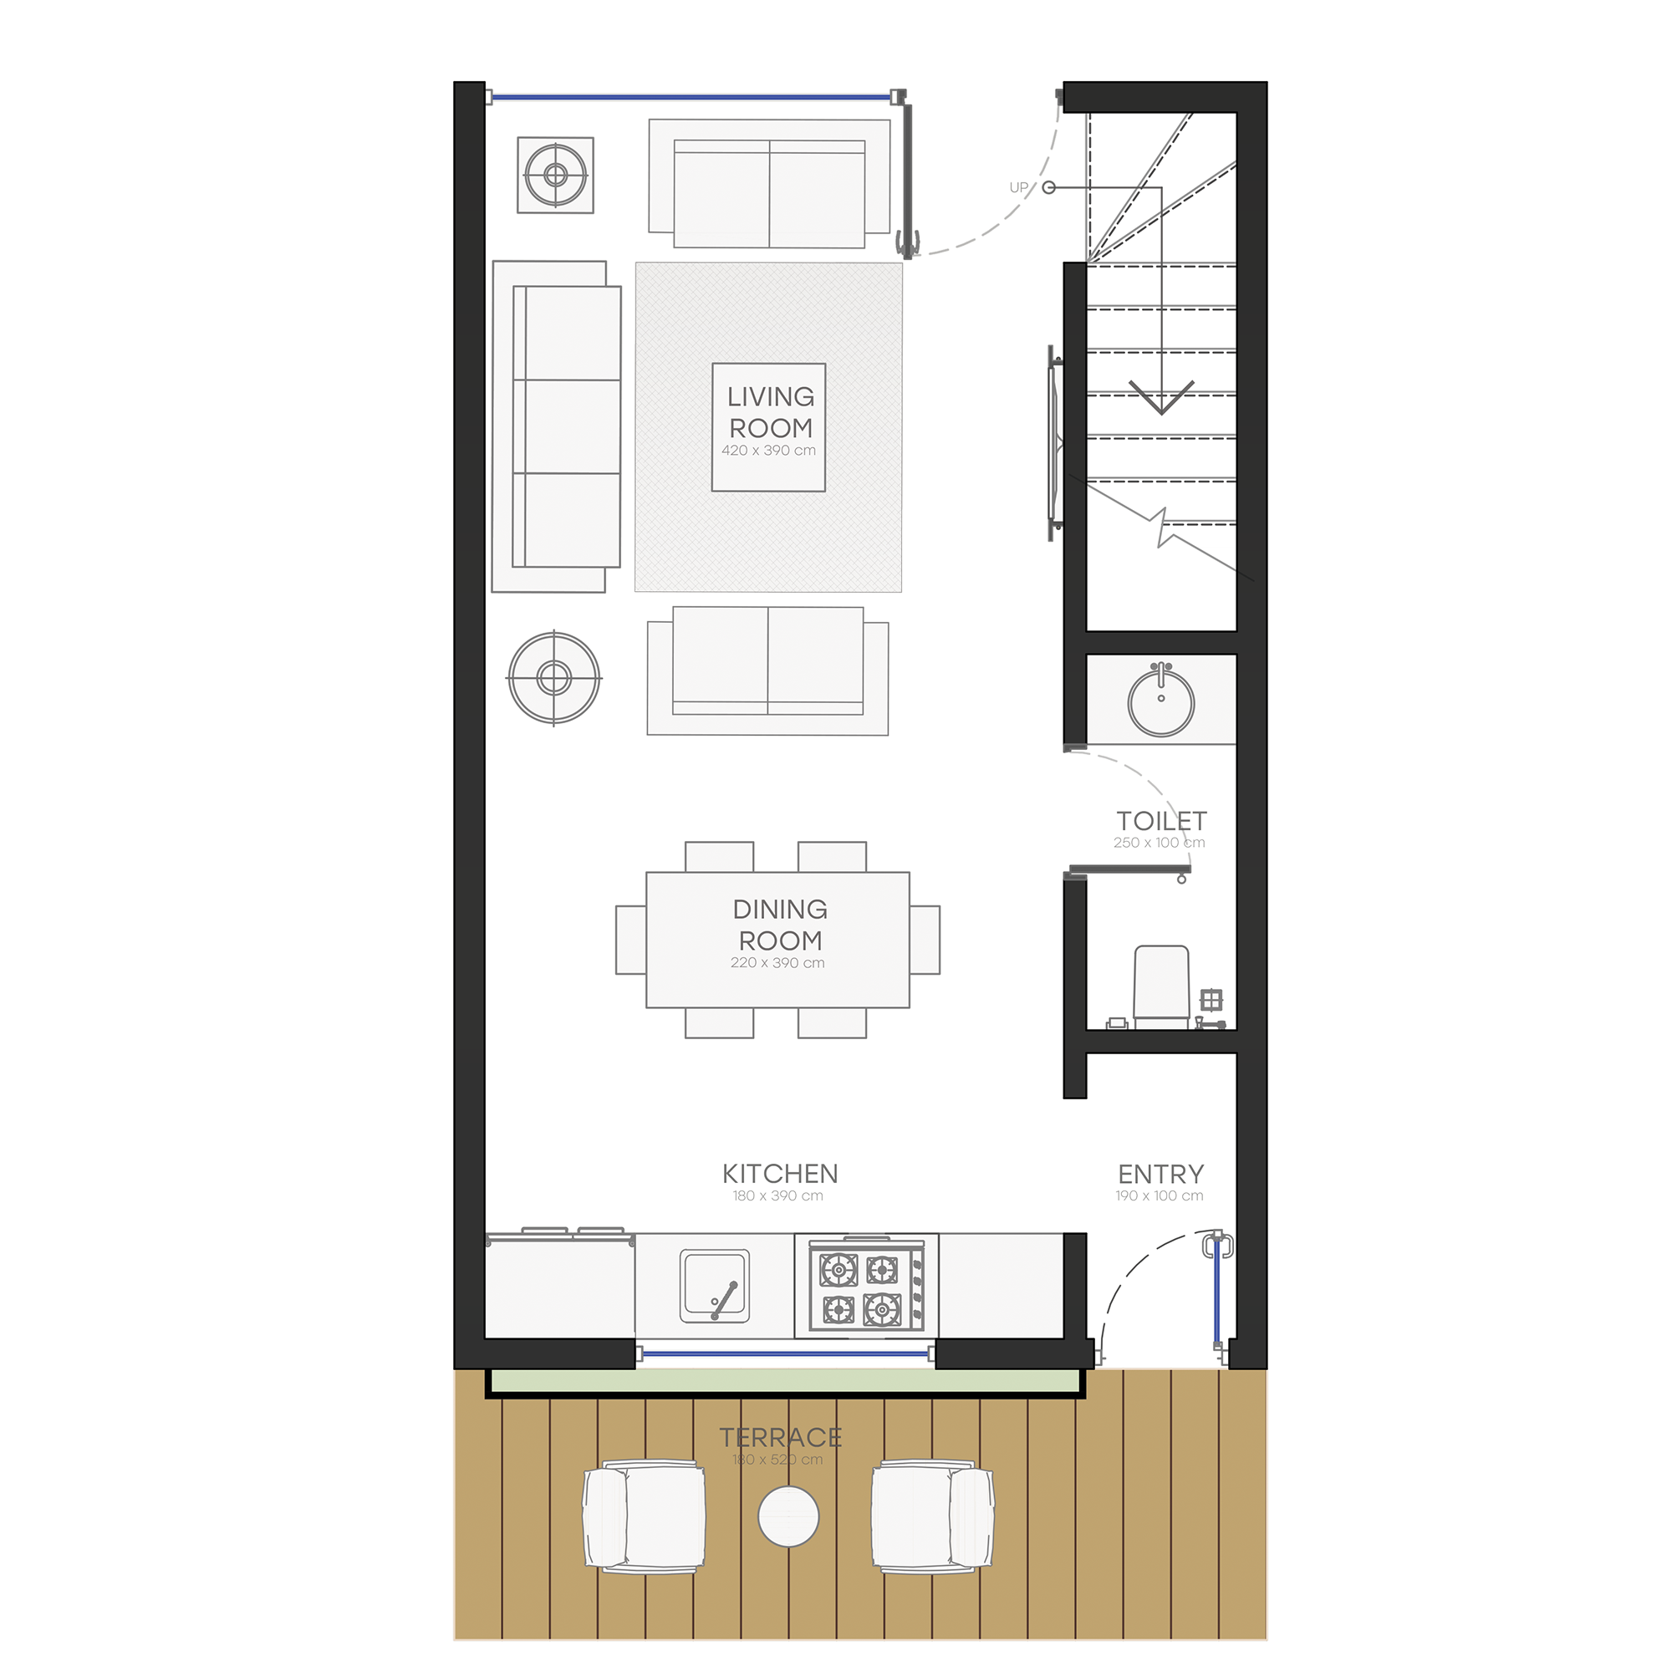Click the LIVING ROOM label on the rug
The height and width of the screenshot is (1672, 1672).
[x=770, y=412]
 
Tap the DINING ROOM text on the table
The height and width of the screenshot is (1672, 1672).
[x=780, y=925]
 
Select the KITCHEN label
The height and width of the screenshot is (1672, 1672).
[x=780, y=1174]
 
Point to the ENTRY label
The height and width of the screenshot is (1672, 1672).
[x=1160, y=1175]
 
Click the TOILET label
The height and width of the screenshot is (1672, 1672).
[x=1161, y=820]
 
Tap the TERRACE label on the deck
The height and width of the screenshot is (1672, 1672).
[x=780, y=1437]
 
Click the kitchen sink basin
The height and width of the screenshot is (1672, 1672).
[x=715, y=1286]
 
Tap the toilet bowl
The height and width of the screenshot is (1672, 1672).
[x=1161, y=985]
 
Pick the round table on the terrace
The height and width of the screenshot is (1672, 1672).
[x=788, y=1517]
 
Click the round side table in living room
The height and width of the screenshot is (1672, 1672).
[x=554, y=678]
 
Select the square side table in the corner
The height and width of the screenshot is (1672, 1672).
[x=556, y=175]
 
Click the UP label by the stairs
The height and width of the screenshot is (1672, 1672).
[x=1018, y=187]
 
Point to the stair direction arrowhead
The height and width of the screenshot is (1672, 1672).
[x=1161, y=398]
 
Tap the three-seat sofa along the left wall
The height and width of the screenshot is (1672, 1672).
[x=557, y=426]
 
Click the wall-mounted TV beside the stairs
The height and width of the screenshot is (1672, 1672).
[x=1055, y=443]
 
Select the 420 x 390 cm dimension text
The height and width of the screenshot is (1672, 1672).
[x=768, y=450]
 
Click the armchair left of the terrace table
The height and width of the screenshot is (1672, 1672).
[x=644, y=1517]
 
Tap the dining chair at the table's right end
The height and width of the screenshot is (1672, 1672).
[x=925, y=940]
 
